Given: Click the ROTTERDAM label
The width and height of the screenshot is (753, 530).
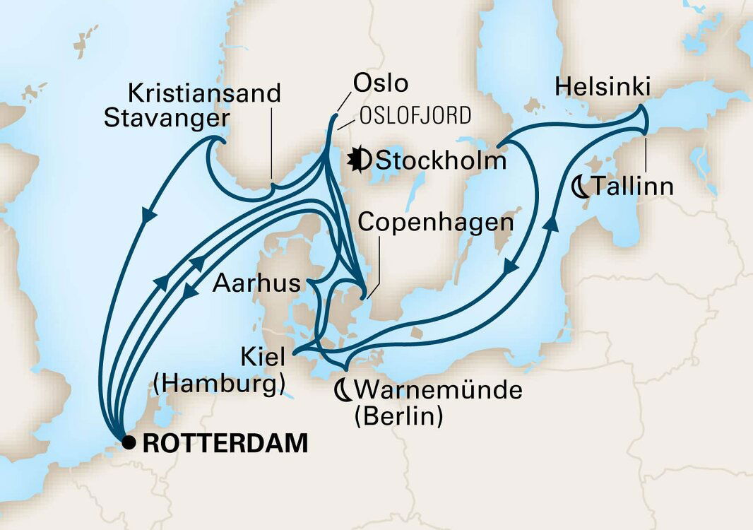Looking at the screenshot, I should (225, 444).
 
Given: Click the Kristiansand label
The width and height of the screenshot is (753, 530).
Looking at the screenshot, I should (205, 93).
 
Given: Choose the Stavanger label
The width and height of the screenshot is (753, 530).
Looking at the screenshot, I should (167, 117).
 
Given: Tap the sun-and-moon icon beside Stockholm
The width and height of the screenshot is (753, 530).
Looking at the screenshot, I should (360, 160).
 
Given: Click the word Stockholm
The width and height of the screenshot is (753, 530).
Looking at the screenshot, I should (441, 160).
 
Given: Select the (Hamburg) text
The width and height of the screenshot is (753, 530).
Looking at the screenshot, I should (219, 384).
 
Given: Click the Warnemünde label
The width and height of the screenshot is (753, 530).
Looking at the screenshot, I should (439, 389).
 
